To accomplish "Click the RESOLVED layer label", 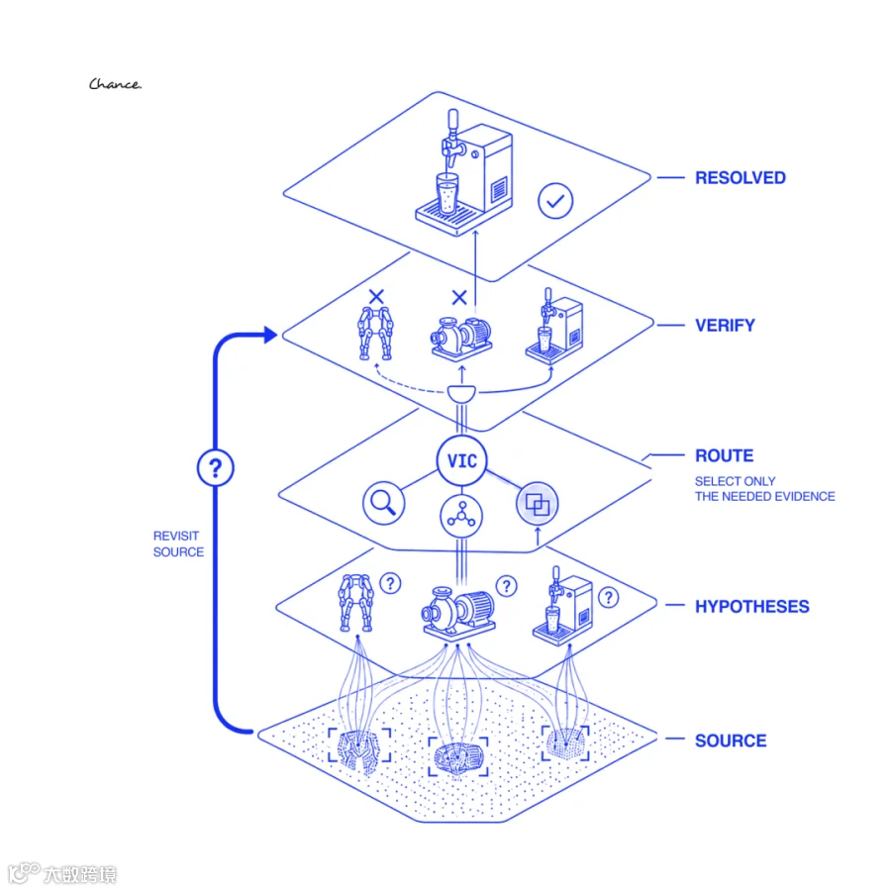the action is coord(740,178).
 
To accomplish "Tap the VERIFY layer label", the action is coord(725,325).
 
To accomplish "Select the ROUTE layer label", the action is coord(724,455).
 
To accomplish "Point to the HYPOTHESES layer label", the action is coord(751,606).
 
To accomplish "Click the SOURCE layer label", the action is coord(731,741).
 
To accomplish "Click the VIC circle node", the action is coord(462,460).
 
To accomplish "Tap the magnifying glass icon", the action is coord(383,503).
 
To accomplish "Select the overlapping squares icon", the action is coord(537,504).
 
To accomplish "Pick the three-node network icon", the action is coord(461,516).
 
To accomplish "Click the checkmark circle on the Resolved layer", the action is coord(555,201).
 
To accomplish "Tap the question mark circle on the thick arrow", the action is coord(216,467).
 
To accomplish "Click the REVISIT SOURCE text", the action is coord(178,544).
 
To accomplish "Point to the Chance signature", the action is coord(115,84).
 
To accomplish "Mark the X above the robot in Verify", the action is coord(376,297).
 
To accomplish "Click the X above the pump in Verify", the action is coord(459,297).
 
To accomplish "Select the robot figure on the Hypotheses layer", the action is coord(356,603).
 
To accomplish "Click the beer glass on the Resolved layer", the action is coord(447,195).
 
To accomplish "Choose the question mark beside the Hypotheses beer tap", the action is coord(609,597).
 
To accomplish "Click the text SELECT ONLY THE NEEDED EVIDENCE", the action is coord(765,489).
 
